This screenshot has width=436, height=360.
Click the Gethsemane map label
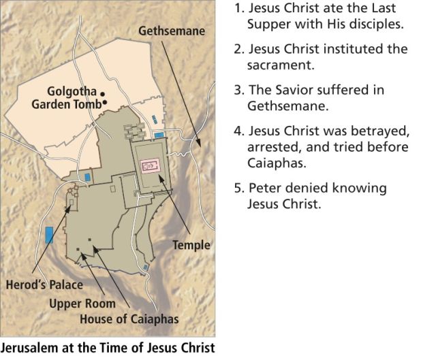(171, 31)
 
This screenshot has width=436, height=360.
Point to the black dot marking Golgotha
(102, 93)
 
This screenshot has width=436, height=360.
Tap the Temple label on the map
(191, 245)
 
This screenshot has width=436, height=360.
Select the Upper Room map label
(82, 303)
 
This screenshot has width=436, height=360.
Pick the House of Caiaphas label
(129, 318)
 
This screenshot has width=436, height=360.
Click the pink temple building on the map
(150, 165)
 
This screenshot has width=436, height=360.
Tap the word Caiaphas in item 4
(270, 163)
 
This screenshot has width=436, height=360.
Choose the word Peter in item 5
(262, 188)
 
